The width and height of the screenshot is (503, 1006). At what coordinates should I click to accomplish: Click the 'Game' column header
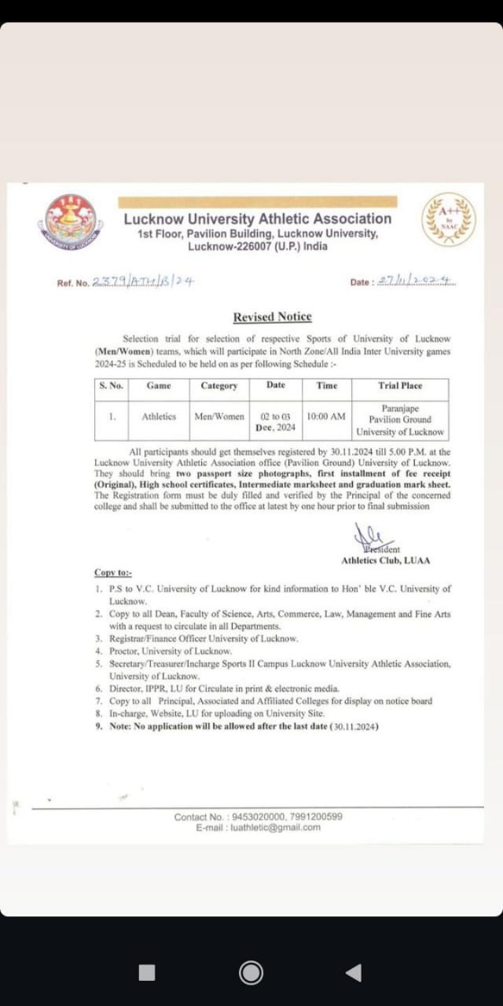tap(159, 386)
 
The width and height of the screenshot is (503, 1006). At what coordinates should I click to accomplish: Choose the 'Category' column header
tap(219, 386)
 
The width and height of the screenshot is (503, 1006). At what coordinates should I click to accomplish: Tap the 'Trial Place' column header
tap(400, 386)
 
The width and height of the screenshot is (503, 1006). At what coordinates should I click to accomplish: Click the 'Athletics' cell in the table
tap(159, 417)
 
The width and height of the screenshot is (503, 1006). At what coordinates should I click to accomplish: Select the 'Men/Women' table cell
tap(219, 417)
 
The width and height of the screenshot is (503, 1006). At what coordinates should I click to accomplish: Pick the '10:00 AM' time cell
tap(326, 417)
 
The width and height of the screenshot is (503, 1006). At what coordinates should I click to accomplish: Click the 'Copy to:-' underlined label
tap(113, 574)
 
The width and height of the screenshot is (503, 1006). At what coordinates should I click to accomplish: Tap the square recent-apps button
tap(147, 973)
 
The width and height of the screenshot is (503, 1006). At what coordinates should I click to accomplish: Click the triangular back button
tap(354, 973)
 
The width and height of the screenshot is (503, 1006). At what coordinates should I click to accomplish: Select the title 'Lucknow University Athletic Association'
tap(257, 219)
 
